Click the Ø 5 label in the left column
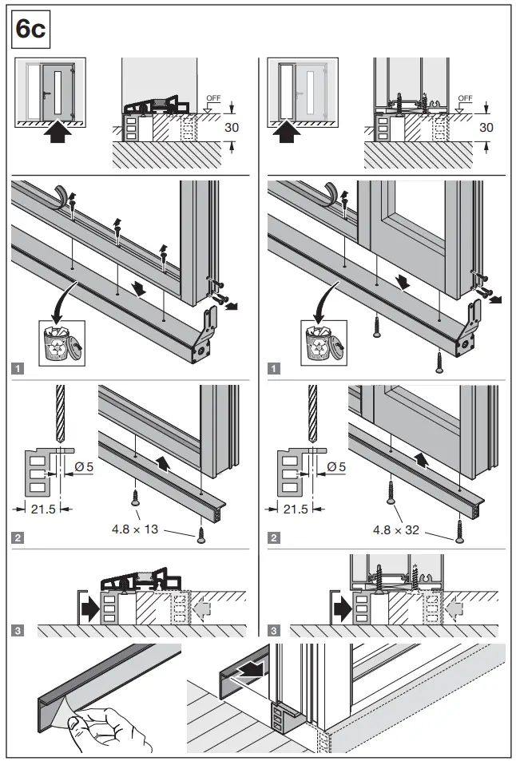coord(85,466)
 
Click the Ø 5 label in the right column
coord(338,466)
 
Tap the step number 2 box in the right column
coord(274,537)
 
